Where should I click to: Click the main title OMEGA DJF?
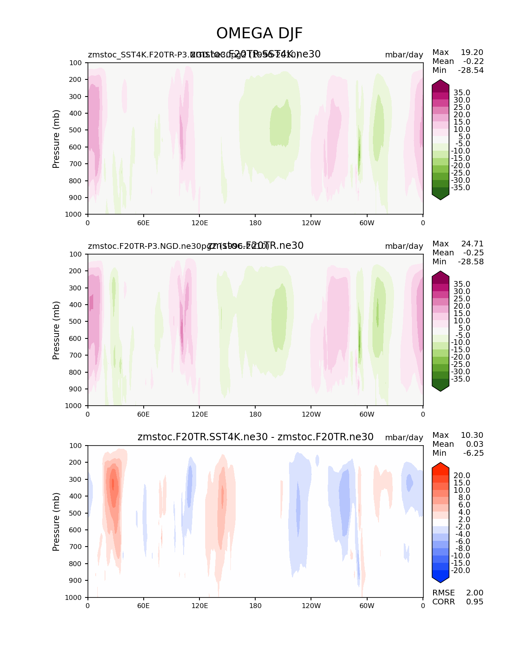259,33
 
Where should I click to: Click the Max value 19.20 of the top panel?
472,53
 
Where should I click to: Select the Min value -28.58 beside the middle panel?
471,262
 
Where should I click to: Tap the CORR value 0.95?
475,602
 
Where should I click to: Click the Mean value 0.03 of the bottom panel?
475,444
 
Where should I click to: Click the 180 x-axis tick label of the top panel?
255,223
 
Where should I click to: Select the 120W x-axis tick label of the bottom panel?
311,606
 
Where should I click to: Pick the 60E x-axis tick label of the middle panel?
143,414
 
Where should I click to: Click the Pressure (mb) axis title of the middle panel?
56,330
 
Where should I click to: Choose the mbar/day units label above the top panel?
404,55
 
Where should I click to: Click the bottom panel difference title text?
255,437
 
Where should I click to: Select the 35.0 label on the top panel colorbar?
462,93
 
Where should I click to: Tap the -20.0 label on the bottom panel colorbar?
460,571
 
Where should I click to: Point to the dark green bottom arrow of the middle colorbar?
440,387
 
